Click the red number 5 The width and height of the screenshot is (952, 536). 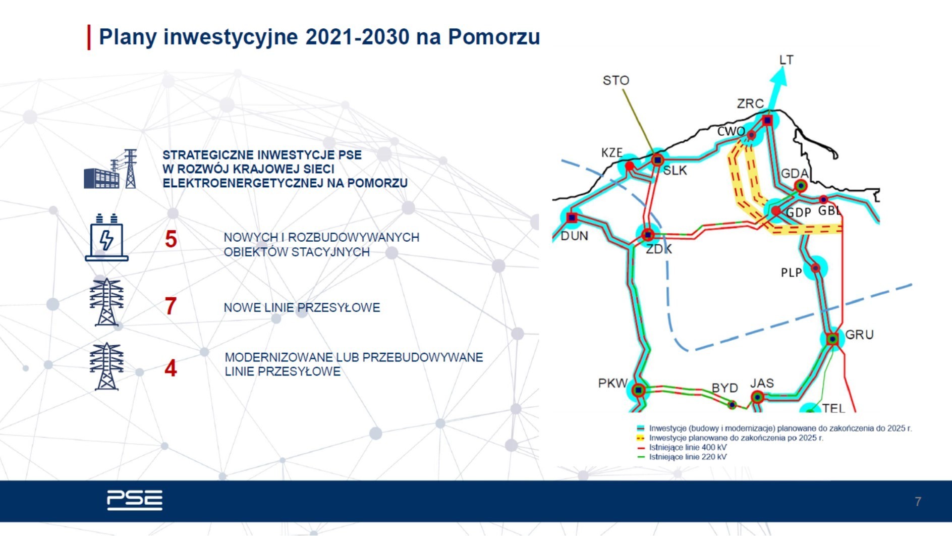click(171, 239)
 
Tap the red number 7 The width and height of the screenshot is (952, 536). click(171, 306)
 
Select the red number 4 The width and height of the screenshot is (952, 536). click(171, 368)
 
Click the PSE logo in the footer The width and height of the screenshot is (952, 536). click(135, 500)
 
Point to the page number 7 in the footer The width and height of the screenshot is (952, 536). click(918, 501)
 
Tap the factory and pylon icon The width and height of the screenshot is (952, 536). click(110, 169)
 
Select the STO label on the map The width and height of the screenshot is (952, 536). click(616, 80)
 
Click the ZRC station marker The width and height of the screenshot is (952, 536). click(767, 120)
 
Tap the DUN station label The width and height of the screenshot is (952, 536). click(574, 236)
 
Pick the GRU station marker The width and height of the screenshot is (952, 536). click(832, 339)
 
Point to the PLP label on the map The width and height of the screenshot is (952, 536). click(791, 273)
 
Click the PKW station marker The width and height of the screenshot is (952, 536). click(639, 390)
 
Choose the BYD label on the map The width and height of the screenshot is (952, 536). click(725, 388)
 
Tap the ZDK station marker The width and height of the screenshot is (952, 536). click(648, 235)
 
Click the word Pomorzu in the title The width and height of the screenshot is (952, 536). click(494, 37)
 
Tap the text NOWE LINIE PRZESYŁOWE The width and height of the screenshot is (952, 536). click(302, 307)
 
